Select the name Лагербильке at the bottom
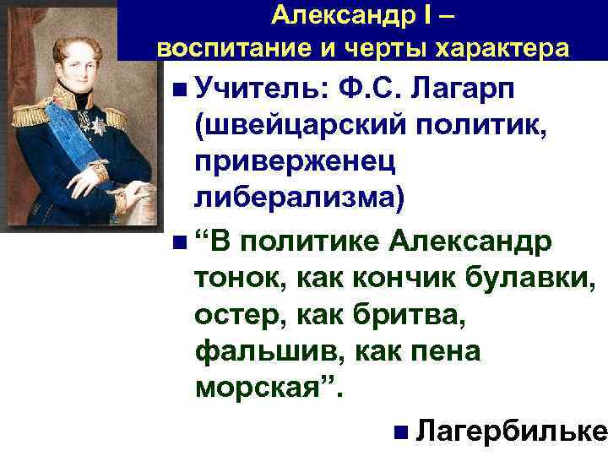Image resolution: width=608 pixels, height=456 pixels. [x=513, y=431]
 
